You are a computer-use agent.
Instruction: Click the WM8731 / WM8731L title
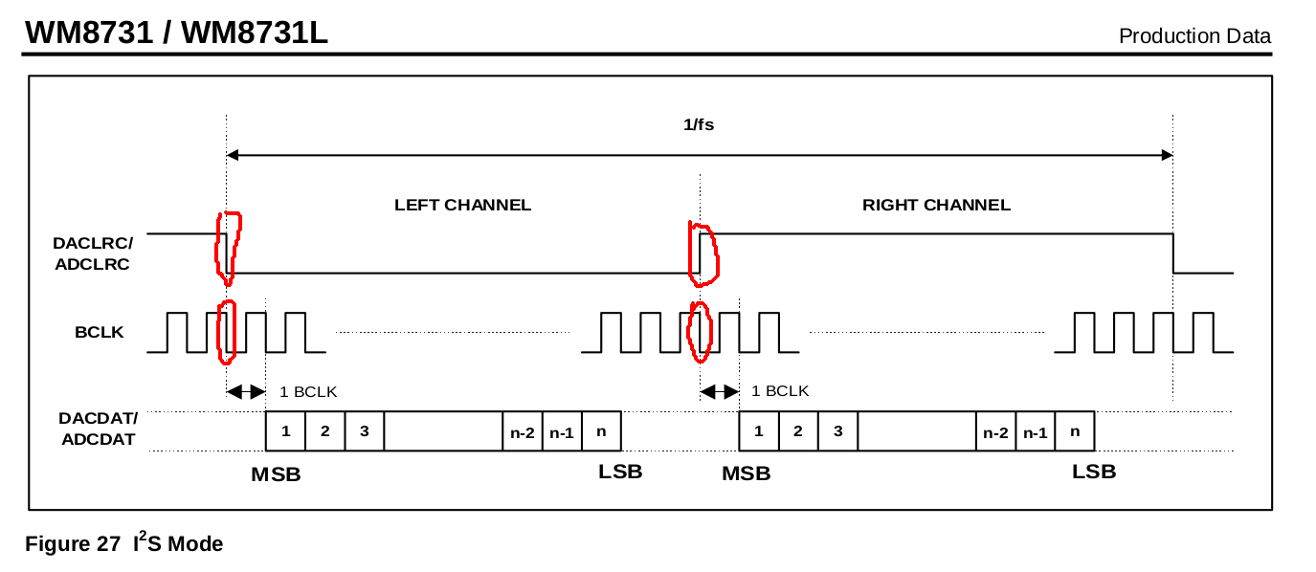click(176, 33)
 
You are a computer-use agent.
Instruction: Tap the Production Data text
click(1194, 36)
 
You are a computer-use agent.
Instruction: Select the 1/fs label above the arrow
click(699, 124)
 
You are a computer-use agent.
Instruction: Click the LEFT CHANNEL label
click(462, 205)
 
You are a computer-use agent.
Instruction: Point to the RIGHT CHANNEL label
click(936, 205)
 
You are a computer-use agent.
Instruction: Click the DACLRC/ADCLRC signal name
click(93, 254)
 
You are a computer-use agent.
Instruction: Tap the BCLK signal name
click(100, 333)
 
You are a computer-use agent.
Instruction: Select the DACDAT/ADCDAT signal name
click(98, 429)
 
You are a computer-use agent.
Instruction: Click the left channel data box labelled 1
click(285, 431)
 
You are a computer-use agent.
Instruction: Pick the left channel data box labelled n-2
click(523, 431)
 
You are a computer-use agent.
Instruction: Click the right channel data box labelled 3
click(837, 431)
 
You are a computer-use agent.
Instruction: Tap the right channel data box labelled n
click(1075, 431)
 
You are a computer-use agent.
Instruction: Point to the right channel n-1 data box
click(1035, 431)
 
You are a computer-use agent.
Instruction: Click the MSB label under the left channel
click(276, 474)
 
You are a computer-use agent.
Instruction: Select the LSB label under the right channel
click(1094, 472)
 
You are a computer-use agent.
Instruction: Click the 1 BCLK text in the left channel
click(308, 391)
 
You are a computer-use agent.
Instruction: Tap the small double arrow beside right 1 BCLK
click(720, 391)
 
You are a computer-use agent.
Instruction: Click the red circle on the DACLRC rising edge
click(703, 253)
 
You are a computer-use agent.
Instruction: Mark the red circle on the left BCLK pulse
click(227, 332)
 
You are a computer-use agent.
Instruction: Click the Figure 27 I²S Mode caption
click(123, 543)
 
